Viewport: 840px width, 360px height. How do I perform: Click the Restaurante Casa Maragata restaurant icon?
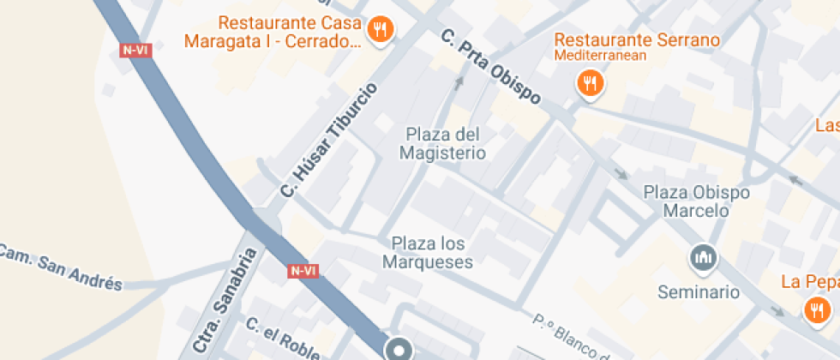coord(380,32)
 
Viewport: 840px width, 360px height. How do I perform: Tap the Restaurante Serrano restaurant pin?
coord(590,84)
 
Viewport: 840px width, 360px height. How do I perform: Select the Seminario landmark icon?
coord(704,257)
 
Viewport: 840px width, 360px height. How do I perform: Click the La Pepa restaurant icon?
coord(815,309)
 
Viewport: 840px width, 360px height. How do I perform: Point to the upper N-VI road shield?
coord(135,50)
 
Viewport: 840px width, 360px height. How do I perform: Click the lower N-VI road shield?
coord(303,271)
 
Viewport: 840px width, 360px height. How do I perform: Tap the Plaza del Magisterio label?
coord(442,144)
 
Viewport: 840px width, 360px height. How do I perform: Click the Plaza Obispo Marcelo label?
coord(697,201)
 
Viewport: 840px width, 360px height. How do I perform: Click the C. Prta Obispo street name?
coord(490,67)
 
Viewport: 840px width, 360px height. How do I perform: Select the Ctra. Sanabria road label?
coord(225,299)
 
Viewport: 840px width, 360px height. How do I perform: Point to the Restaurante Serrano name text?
coord(636,39)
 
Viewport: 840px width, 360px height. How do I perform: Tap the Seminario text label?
coord(699,291)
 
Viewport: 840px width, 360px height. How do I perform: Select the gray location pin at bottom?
coord(399,349)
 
